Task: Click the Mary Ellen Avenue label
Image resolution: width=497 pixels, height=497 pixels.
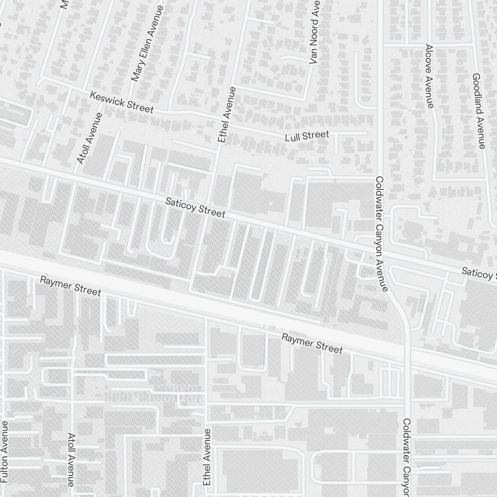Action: [x=147, y=44]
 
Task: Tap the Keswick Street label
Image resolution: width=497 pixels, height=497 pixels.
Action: [x=122, y=101]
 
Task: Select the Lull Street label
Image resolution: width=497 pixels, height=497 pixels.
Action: [x=307, y=135]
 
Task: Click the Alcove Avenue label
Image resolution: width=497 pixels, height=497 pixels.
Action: [x=429, y=76]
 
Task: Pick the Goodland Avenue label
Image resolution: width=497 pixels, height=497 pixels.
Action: [x=478, y=111]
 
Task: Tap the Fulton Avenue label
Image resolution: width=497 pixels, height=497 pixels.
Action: [x=4, y=452]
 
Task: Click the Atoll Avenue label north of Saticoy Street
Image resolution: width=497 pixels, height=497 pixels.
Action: [x=89, y=138]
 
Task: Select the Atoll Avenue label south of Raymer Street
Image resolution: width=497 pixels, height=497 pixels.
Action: [x=71, y=459]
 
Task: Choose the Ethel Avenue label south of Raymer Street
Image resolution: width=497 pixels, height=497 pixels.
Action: [x=207, y=457]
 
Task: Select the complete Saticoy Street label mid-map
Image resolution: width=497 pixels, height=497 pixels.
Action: [x=195, y=208]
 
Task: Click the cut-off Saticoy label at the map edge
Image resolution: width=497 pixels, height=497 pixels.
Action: [x=478, y=274]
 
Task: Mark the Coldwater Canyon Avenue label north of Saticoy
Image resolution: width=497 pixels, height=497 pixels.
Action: [x=381, y=234]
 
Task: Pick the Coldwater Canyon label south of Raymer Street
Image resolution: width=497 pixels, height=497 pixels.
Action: [x=407, y=457]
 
